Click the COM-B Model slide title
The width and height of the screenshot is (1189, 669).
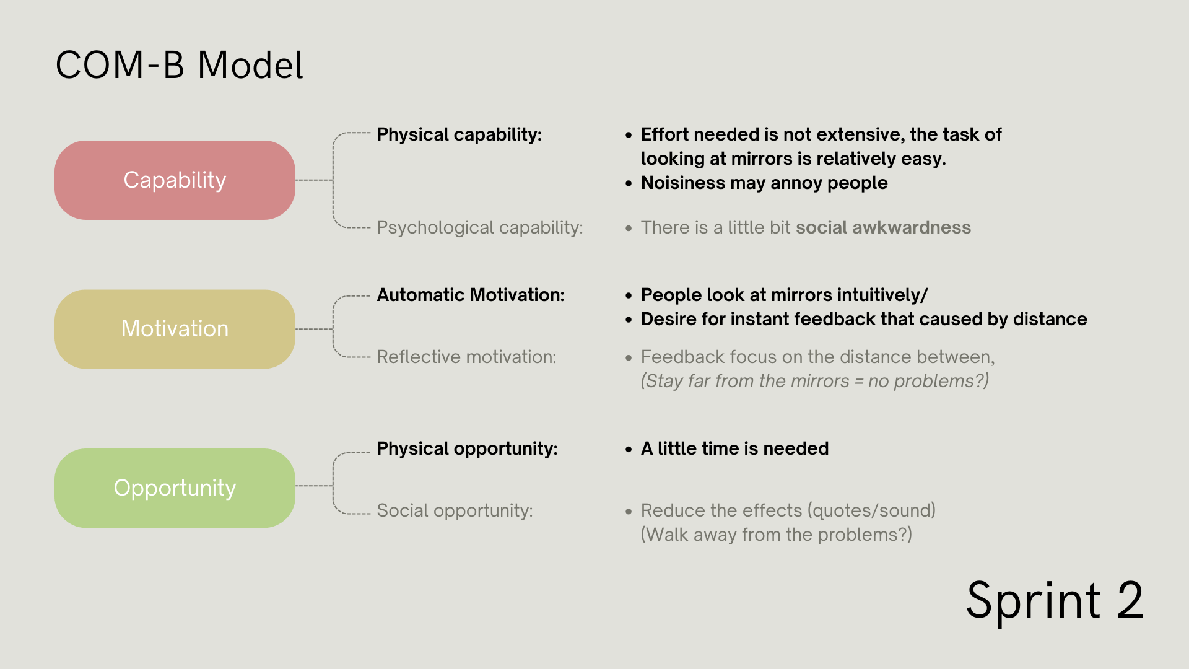pos(180,65)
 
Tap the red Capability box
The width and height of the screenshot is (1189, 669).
pos(175,180)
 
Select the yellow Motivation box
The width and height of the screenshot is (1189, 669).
pos(175,329)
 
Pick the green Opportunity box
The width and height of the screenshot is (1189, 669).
pos(175,488)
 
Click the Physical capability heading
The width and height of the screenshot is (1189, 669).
pos(459,135)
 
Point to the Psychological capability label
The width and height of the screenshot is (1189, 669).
pos(480,228)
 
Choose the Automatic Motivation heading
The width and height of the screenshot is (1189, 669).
pos(471,295)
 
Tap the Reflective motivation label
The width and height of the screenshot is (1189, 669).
pos(466,357)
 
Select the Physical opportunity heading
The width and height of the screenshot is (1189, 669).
pos(467,449)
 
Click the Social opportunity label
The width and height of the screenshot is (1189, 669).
pos(455,511)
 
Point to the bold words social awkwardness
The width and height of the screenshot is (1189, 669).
pos(883,227)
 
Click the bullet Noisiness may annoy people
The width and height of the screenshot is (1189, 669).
pos(764,183)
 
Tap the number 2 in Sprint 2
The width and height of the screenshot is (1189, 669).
pos(1131,600)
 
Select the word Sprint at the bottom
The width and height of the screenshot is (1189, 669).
pos(1034,601)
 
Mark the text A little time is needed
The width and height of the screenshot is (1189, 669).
pos(734,448)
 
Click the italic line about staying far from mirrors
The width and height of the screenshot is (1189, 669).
pos(815,381)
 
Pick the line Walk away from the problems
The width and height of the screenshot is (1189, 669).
pos(777,535)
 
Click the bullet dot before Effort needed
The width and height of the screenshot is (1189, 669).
pos(629,135)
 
